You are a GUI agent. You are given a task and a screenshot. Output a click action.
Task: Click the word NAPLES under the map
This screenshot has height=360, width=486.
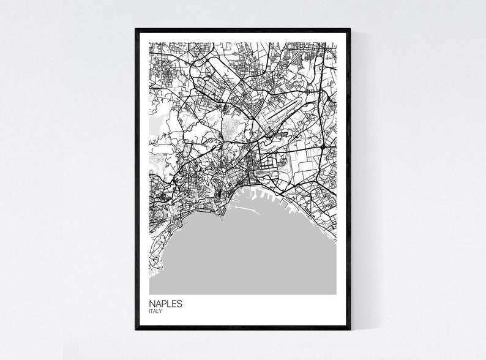coord(165,303)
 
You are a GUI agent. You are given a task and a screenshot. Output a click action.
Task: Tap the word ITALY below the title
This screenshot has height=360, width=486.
coord(156,312)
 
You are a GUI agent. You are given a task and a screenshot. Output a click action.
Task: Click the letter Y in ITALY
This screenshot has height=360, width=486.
coord(162,312)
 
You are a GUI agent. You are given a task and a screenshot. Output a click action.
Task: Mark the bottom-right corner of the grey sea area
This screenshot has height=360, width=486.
coord(335,294)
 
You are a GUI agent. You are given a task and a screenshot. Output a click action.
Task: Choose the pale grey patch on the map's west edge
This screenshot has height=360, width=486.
coord(154,129)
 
